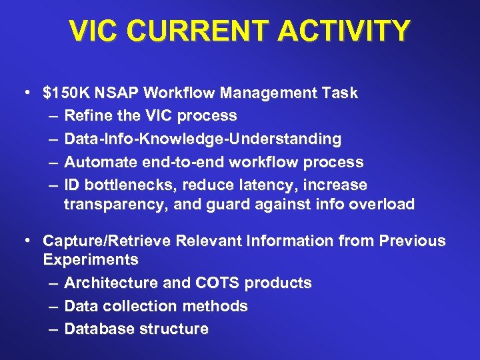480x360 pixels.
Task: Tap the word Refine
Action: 88,116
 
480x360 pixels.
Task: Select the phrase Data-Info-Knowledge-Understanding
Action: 203,139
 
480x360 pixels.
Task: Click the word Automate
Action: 98,162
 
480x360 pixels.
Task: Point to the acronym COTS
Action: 218,283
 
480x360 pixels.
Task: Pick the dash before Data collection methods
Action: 53,306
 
